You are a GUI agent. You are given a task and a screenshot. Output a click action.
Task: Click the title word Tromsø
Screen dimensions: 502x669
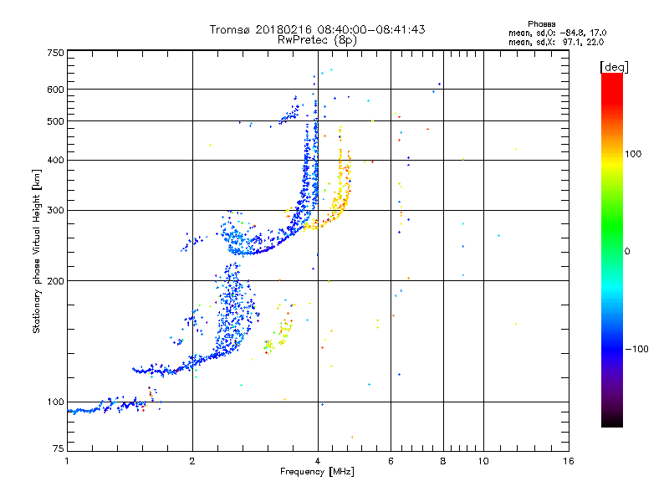(227, 29)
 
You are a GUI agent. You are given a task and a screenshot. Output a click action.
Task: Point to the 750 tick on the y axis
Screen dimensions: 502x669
(55, 53)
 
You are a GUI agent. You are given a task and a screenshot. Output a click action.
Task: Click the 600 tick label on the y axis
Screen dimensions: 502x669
(55, 90)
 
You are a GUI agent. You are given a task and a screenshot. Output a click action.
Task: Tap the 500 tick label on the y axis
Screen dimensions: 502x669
(55, 121)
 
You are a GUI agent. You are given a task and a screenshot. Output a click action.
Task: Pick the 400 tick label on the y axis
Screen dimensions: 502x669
(55, 160)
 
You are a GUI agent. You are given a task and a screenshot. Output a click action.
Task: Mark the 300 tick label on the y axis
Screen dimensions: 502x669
(55, 210)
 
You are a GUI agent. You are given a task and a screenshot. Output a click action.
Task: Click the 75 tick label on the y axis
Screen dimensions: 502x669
(58, 451)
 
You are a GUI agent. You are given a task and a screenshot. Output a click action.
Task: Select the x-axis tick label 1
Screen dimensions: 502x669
(67, 461)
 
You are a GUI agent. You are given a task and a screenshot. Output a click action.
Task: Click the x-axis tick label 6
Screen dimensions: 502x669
(391, 461)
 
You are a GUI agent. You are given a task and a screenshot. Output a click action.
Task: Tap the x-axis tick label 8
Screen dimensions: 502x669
(443, 461)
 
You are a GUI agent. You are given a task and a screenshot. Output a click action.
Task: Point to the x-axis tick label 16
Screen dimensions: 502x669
(569, 461)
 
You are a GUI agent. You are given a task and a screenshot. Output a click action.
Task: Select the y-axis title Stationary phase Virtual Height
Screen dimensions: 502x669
(37, 251)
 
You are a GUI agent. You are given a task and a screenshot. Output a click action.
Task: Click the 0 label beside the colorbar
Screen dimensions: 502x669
(628, 251)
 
